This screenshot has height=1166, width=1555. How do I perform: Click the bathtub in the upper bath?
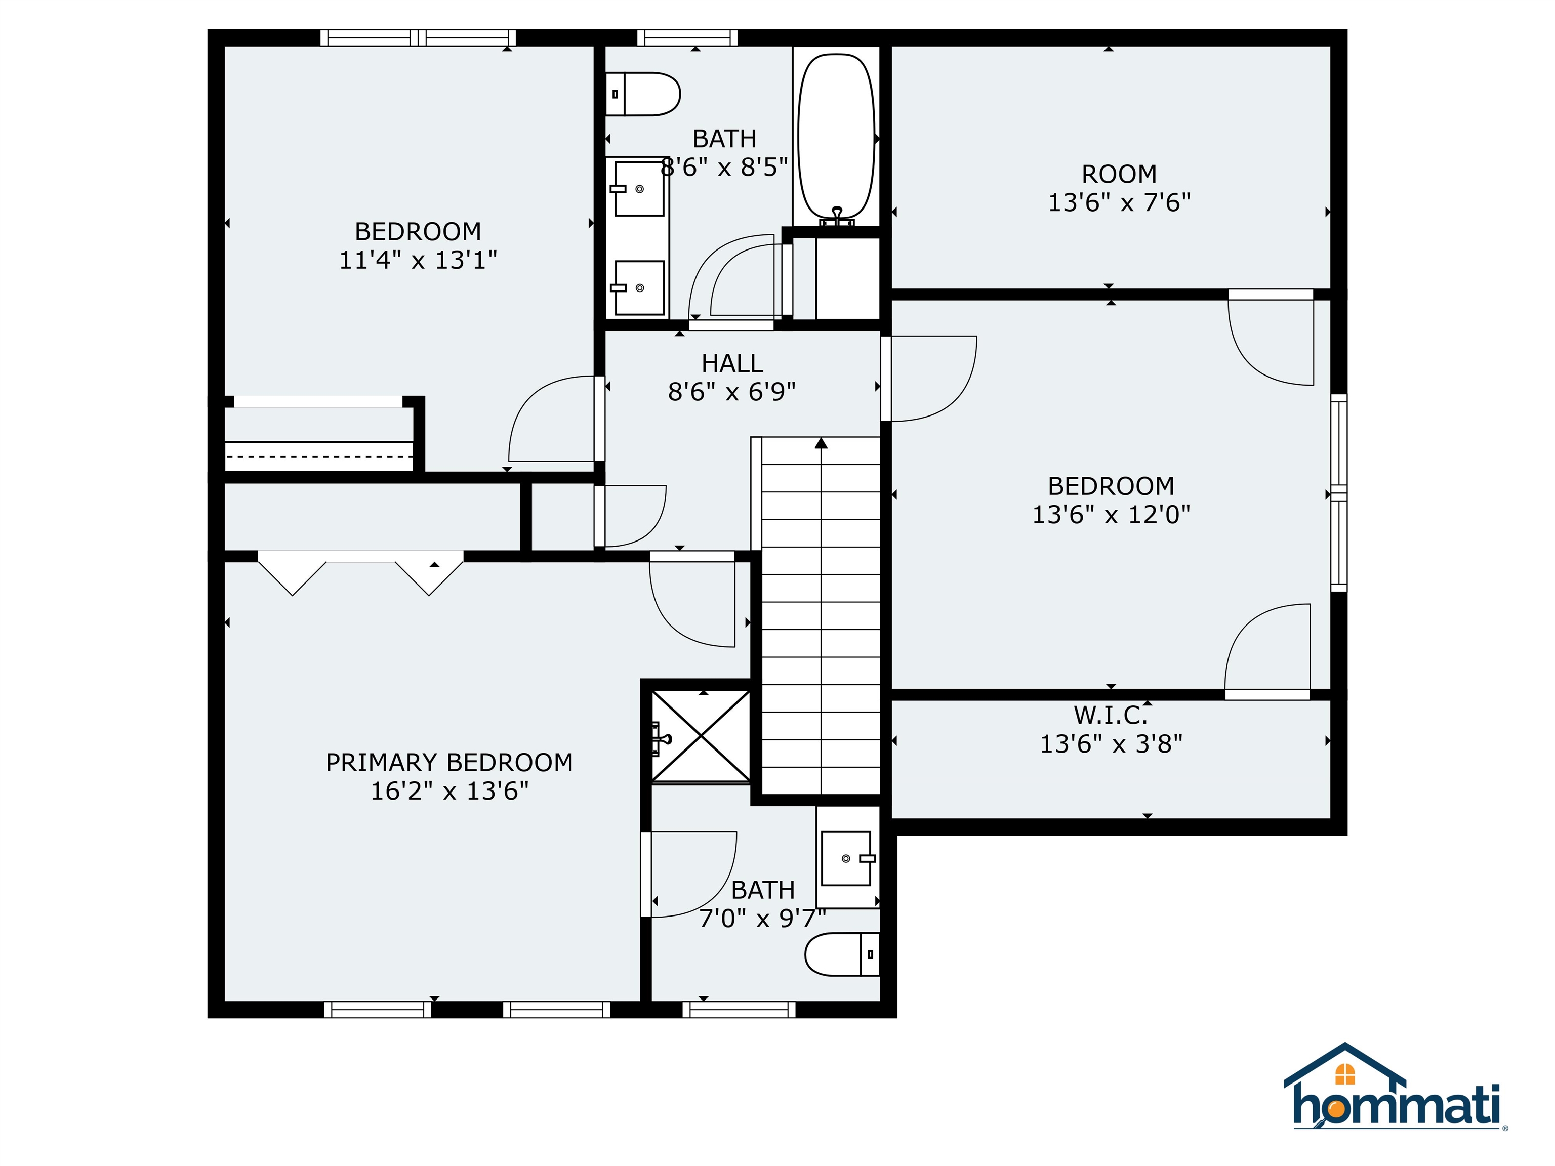837,137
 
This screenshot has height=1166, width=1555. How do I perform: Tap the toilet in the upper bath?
643,94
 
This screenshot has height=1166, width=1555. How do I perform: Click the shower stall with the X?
701,736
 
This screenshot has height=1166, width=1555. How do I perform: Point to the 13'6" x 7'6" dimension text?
1119,203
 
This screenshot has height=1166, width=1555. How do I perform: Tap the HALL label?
732,363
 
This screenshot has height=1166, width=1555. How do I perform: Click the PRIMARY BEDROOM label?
449,763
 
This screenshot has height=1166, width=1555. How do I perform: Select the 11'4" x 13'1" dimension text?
418,261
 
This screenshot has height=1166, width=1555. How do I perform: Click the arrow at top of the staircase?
821,443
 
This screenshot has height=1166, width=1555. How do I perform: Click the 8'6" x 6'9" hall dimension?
732,392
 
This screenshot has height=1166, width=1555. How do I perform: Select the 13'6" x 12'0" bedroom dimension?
1111,515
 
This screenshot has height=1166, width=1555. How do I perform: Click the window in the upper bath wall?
687,37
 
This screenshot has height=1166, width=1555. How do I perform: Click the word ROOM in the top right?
1119,174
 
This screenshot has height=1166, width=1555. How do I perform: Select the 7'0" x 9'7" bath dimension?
762,919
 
